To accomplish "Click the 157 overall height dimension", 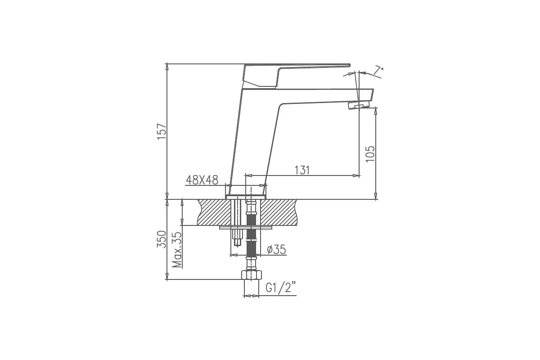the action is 162,131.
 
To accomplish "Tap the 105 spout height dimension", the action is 370,154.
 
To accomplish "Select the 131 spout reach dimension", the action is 302,170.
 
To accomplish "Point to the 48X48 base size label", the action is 202,180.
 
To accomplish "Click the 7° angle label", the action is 378,70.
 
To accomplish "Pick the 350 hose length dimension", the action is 162,239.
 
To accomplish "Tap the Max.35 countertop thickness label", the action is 177,250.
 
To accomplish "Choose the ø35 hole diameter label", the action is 276,249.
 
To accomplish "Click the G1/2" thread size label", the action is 281,288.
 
